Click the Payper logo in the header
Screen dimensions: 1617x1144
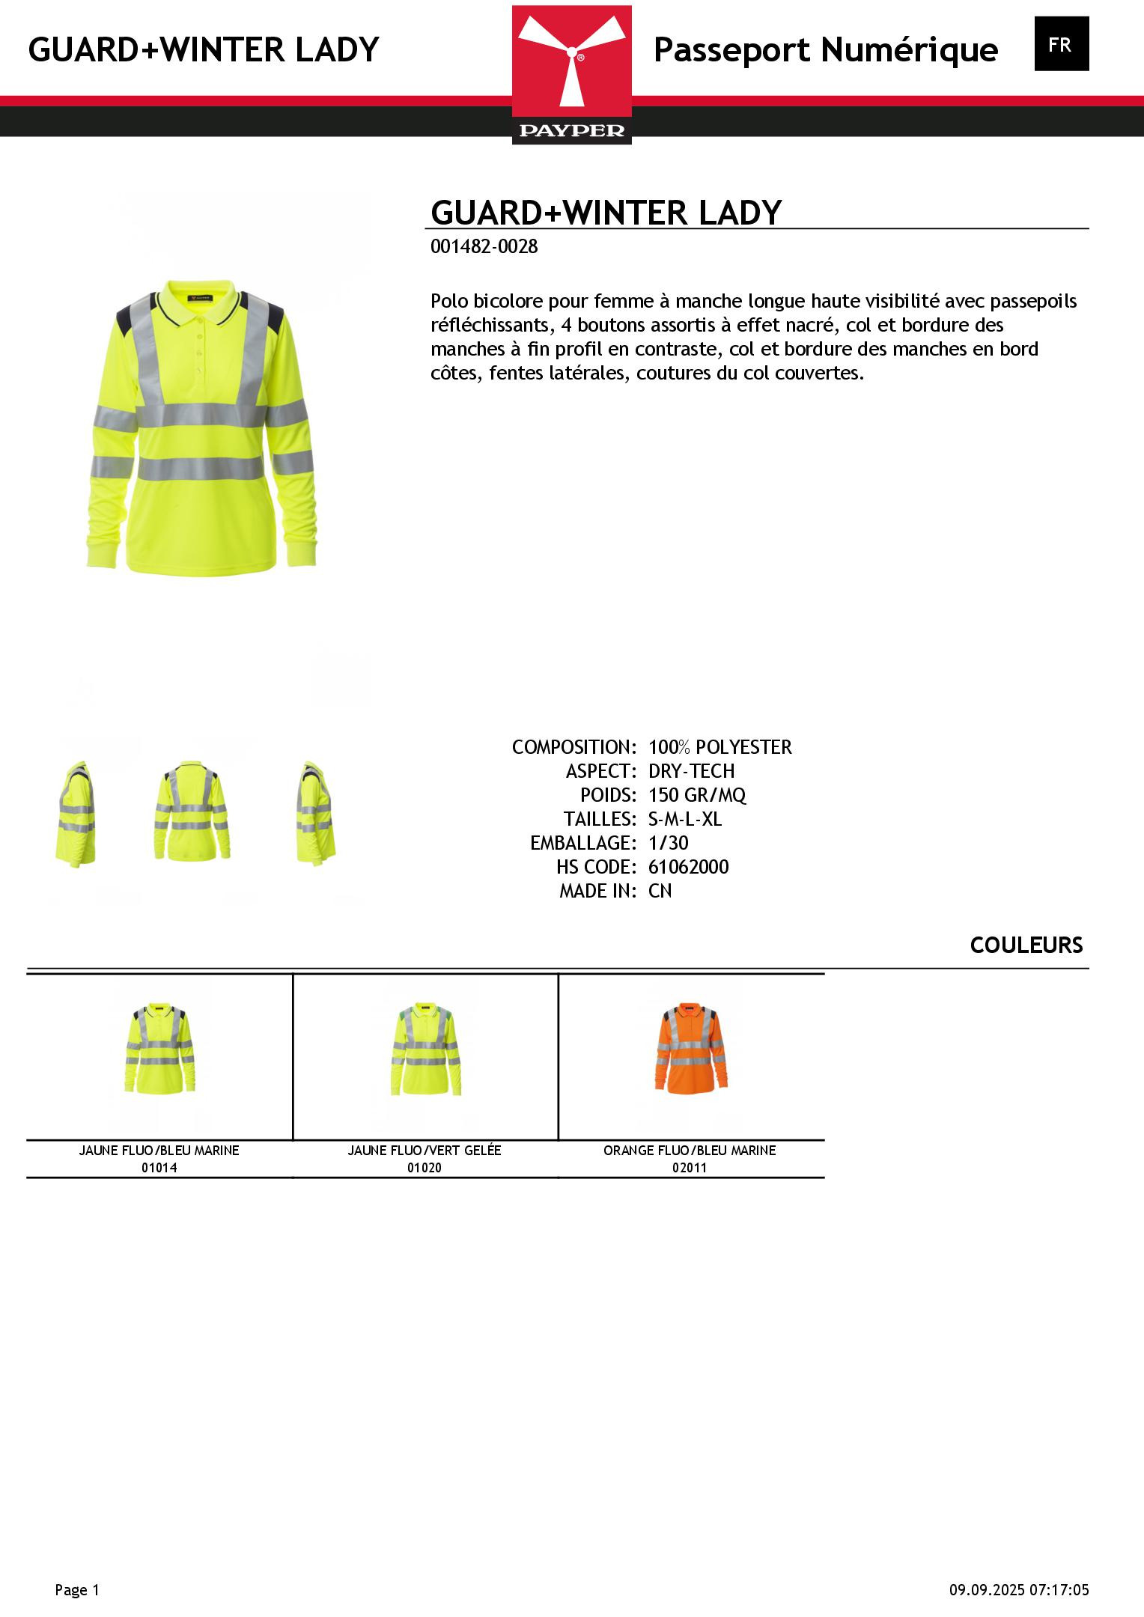(x=572, y=75)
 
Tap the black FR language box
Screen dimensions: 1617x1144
(x=1061, y=44)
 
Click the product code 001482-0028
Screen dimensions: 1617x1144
(x=484, y=247)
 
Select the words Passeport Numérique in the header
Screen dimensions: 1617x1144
(x=825, y=50)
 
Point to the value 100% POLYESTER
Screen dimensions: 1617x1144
(x=719, y=747)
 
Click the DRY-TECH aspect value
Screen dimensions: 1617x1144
(x=691, y=771)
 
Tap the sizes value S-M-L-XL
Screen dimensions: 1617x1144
(x=685, y=819)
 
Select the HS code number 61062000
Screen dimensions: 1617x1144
(x=688, y=867)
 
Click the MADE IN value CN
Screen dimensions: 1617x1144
(x=660, y=891)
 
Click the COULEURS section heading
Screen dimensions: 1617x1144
(x=1026, y=945)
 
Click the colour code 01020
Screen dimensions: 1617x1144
(x=425, y=1168)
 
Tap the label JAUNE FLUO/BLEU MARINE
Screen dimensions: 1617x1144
(x=159, y=1151)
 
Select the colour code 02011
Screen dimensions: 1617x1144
(x=690, y=1168)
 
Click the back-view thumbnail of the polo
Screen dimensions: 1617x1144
(x=192, y=812)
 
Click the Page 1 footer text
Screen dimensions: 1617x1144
(x=76, y=1590)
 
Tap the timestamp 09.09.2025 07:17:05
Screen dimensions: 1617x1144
(x=1019, y=1590)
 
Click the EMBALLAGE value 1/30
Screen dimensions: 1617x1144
(x=668, y=843)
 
